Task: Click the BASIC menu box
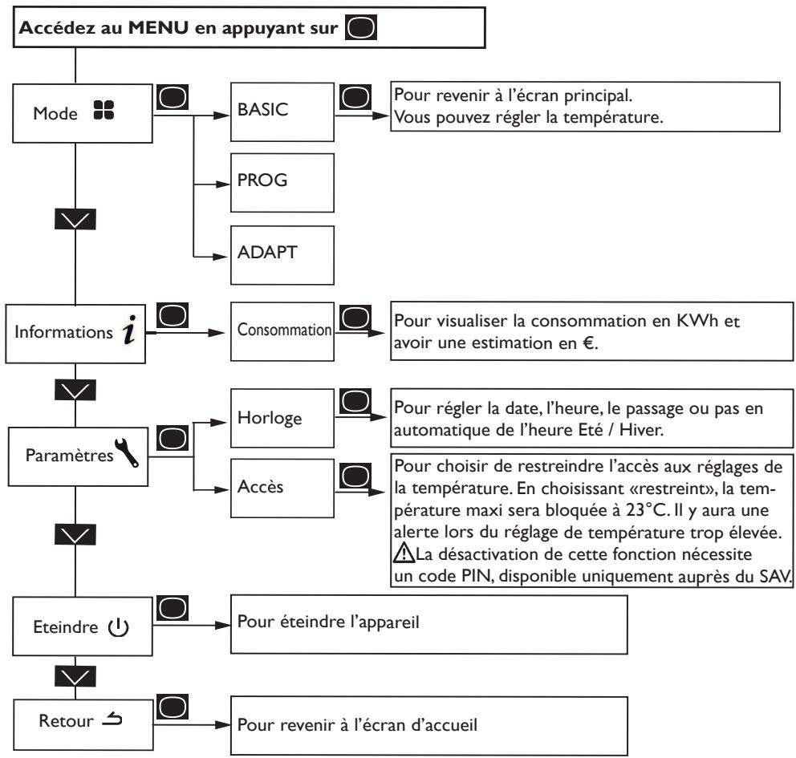click(282, 112)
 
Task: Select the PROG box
click(282, 183)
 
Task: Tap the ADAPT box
click(282, 255)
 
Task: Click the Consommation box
click(282, 331)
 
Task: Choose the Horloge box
click(282, 418)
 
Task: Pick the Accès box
click(282, 488)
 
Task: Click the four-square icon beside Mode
click(104, 110)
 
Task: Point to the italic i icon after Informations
click(130, 330)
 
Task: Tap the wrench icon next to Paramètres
click(127, 452)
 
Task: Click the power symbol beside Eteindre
click(118, 627)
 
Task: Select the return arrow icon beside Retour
click(112, 719)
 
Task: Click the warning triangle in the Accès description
click(404, 553)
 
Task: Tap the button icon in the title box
click(361, 27)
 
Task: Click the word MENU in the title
click(158, 27)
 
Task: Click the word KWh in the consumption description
click(697, 321)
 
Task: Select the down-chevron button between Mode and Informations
click(75, 219)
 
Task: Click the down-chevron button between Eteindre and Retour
click(75, 676)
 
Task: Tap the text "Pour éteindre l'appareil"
click(328, 622)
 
